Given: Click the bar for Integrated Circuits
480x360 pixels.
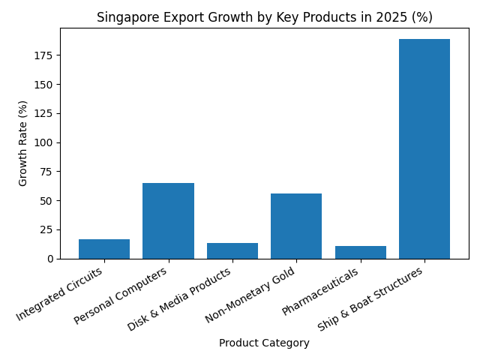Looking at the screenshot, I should pyautogui.click(x=104, y=249).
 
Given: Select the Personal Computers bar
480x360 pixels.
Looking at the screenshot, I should pyautogui.click(x=168, y=221).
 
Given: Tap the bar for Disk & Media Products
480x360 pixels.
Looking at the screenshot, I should pyautogui.click(x=232, y=250).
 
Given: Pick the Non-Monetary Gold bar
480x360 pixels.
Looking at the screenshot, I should pyautogui.click(x=296, y=226).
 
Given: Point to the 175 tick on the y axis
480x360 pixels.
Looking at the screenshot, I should pyautogui.click(x=46, y=55).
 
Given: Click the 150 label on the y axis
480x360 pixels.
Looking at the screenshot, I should pyautogui.click(x=46, y=85).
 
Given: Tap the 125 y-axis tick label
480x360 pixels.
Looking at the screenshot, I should pyautogui.click(x=46, y=113).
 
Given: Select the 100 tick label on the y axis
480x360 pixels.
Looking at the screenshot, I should pyautogui.click(x=46, y=142).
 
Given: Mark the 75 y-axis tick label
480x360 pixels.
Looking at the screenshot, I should pyautogui.click(x=49, y=172).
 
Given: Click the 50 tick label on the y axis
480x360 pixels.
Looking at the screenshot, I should pyautogui.click(x=49, y=201).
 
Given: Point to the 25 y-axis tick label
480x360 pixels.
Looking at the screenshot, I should pyautogui.click(x=49, y=229).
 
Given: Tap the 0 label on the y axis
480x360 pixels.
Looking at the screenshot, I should pyautogui.click(x=52, y=259).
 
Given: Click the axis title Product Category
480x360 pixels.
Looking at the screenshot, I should pyautogui.click(x=264, y=343).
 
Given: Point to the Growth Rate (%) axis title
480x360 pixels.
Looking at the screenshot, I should pyautogui.click(x=23, y=143).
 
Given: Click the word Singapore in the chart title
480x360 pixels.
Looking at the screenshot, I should pyautogui.click(x=123, y=18).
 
